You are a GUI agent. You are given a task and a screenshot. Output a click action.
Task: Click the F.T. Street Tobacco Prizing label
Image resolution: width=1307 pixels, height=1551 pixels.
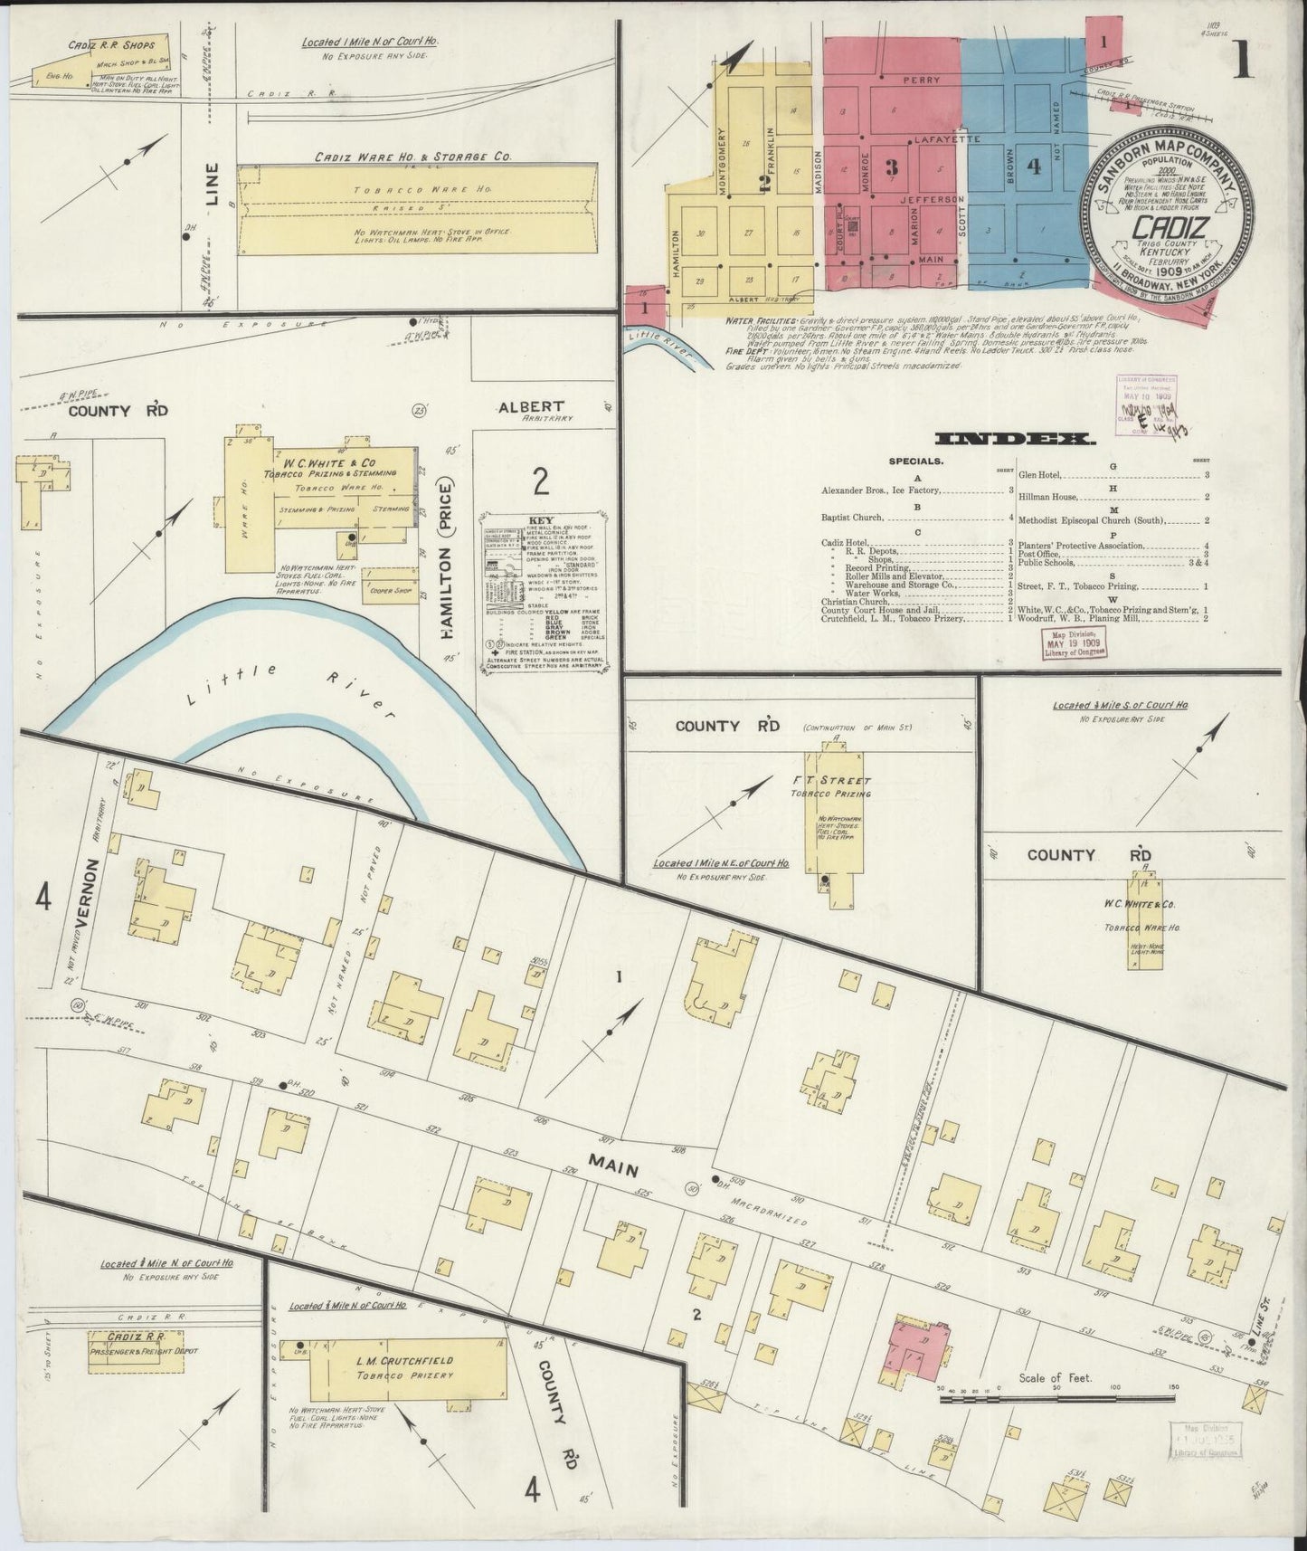click(841, 786)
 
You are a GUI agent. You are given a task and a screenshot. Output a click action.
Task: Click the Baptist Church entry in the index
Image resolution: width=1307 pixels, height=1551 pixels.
click(853, 519)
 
